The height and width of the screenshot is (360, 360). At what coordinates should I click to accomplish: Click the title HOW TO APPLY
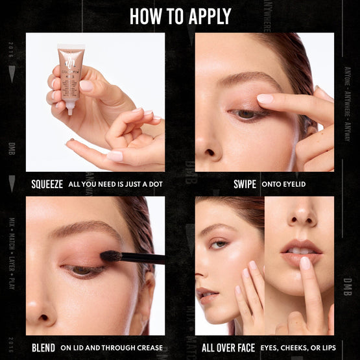coord(180,16)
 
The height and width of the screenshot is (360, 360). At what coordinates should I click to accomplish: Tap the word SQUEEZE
coord(47,184)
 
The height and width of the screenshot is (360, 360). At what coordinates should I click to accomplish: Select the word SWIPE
coord(245,184)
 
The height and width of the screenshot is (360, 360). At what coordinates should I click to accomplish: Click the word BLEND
coord(44,348)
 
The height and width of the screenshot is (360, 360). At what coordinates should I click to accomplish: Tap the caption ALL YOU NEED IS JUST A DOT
coord(115,184)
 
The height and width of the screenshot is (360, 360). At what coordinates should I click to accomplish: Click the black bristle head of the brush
coord(111,256)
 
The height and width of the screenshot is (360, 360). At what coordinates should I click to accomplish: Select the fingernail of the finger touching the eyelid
coord(265,99)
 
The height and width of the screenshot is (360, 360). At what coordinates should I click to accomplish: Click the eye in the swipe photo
coord(246,114)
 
